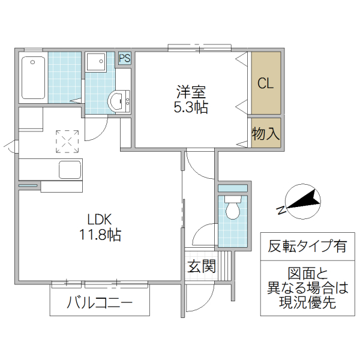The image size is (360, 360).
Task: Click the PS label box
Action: (x=125, y=58)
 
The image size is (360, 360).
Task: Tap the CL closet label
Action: (x=266, y=84)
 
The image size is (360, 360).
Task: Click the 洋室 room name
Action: (x=191, y=93)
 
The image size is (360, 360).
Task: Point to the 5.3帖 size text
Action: (x=191, y=109)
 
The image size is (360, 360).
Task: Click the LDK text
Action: (x=100, y=218)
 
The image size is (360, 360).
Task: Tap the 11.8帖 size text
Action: (x=100, y=235)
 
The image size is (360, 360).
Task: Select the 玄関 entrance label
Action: (x=201, y=266)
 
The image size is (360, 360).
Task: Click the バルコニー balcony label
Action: (x=100, y=302)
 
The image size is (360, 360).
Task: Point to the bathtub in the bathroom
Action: (x=33, y=77)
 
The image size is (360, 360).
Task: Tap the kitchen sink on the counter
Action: (x=70, y=170)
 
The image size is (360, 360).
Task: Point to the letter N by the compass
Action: (x=281, y=209)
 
